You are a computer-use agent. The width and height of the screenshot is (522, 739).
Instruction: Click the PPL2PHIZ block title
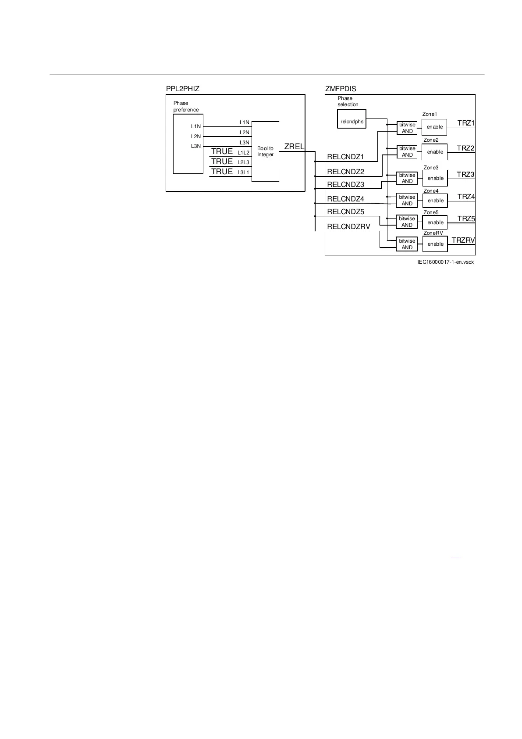182,89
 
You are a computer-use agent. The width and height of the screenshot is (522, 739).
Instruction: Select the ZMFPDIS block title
341,89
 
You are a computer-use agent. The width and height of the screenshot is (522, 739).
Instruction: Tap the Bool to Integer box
265,151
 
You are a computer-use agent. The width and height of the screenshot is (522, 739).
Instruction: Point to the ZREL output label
294,147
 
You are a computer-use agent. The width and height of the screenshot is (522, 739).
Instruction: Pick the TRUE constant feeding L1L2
222,151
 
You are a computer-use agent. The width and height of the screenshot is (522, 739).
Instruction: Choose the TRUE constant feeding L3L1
222,172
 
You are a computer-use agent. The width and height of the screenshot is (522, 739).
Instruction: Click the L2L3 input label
243,162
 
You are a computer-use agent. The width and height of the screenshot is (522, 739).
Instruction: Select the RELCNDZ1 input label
345,157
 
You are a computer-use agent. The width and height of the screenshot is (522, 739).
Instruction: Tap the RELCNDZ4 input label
345,199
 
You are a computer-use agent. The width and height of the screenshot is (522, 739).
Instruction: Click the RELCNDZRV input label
348,227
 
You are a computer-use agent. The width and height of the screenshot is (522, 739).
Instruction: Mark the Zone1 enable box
434,127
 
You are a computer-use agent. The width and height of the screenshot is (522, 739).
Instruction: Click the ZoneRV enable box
435,244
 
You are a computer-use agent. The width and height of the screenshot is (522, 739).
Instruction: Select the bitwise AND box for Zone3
407,178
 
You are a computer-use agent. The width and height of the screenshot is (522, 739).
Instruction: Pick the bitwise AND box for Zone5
407,222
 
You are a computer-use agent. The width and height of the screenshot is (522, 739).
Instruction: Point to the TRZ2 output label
465,148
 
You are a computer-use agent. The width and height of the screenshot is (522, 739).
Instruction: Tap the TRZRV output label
463,240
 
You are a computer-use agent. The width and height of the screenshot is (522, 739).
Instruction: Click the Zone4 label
431,191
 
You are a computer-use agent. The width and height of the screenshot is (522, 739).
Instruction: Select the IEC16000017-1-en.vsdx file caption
445,262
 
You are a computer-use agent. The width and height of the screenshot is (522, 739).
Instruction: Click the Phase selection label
348,101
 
